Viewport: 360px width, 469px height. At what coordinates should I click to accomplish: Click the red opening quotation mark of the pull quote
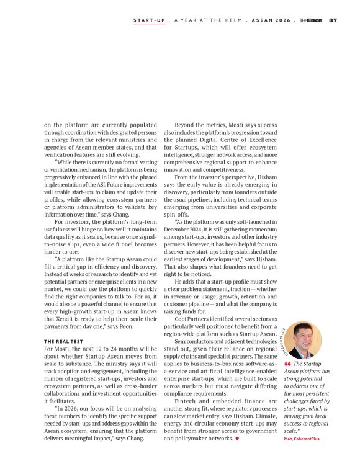(287, 364)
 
